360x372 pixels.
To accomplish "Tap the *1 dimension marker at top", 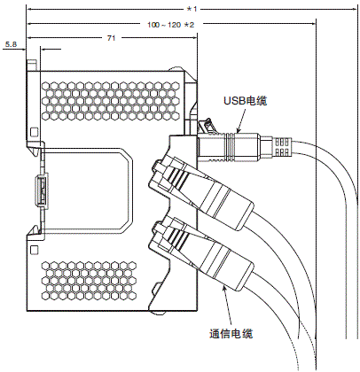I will [192, 8].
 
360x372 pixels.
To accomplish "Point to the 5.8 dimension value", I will [11, 43].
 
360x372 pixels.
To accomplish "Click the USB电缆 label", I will [247, 103].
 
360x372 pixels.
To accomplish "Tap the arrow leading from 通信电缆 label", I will [228, 310].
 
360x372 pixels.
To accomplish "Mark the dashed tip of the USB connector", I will [283, 145].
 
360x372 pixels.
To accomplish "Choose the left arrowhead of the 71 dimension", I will [31, 39].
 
